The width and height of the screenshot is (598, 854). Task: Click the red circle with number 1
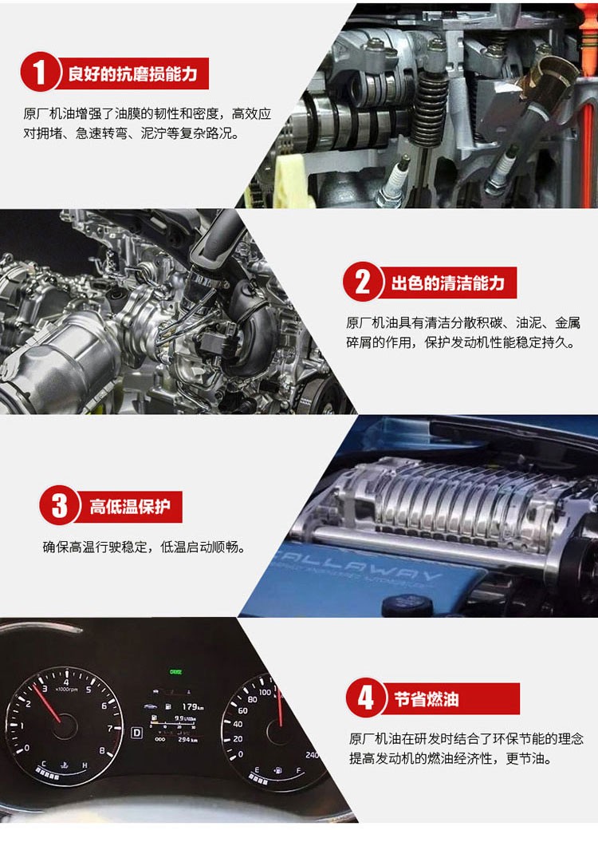click(39, 71)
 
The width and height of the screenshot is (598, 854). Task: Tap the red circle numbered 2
click(362, 282)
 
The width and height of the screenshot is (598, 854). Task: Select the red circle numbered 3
click(59, 505)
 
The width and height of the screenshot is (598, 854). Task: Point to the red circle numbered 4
click(365, 697)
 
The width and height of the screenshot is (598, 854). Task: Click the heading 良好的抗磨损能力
click(132, 73)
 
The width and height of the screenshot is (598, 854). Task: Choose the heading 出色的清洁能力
click(448, 283)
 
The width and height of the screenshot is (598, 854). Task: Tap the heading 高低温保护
click(130, 507)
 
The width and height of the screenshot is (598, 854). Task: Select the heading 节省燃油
click(426, 699)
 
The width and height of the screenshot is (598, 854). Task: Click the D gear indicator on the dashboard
click(137, 733)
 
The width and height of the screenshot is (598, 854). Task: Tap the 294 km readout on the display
click(187, 740)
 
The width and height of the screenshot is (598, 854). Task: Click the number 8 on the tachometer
click(102, 750)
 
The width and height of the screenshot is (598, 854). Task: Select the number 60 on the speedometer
click(242, 710)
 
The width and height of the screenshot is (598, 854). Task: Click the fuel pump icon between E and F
click(278, 771)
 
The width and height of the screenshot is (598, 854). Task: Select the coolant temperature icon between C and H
click(65, 765)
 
